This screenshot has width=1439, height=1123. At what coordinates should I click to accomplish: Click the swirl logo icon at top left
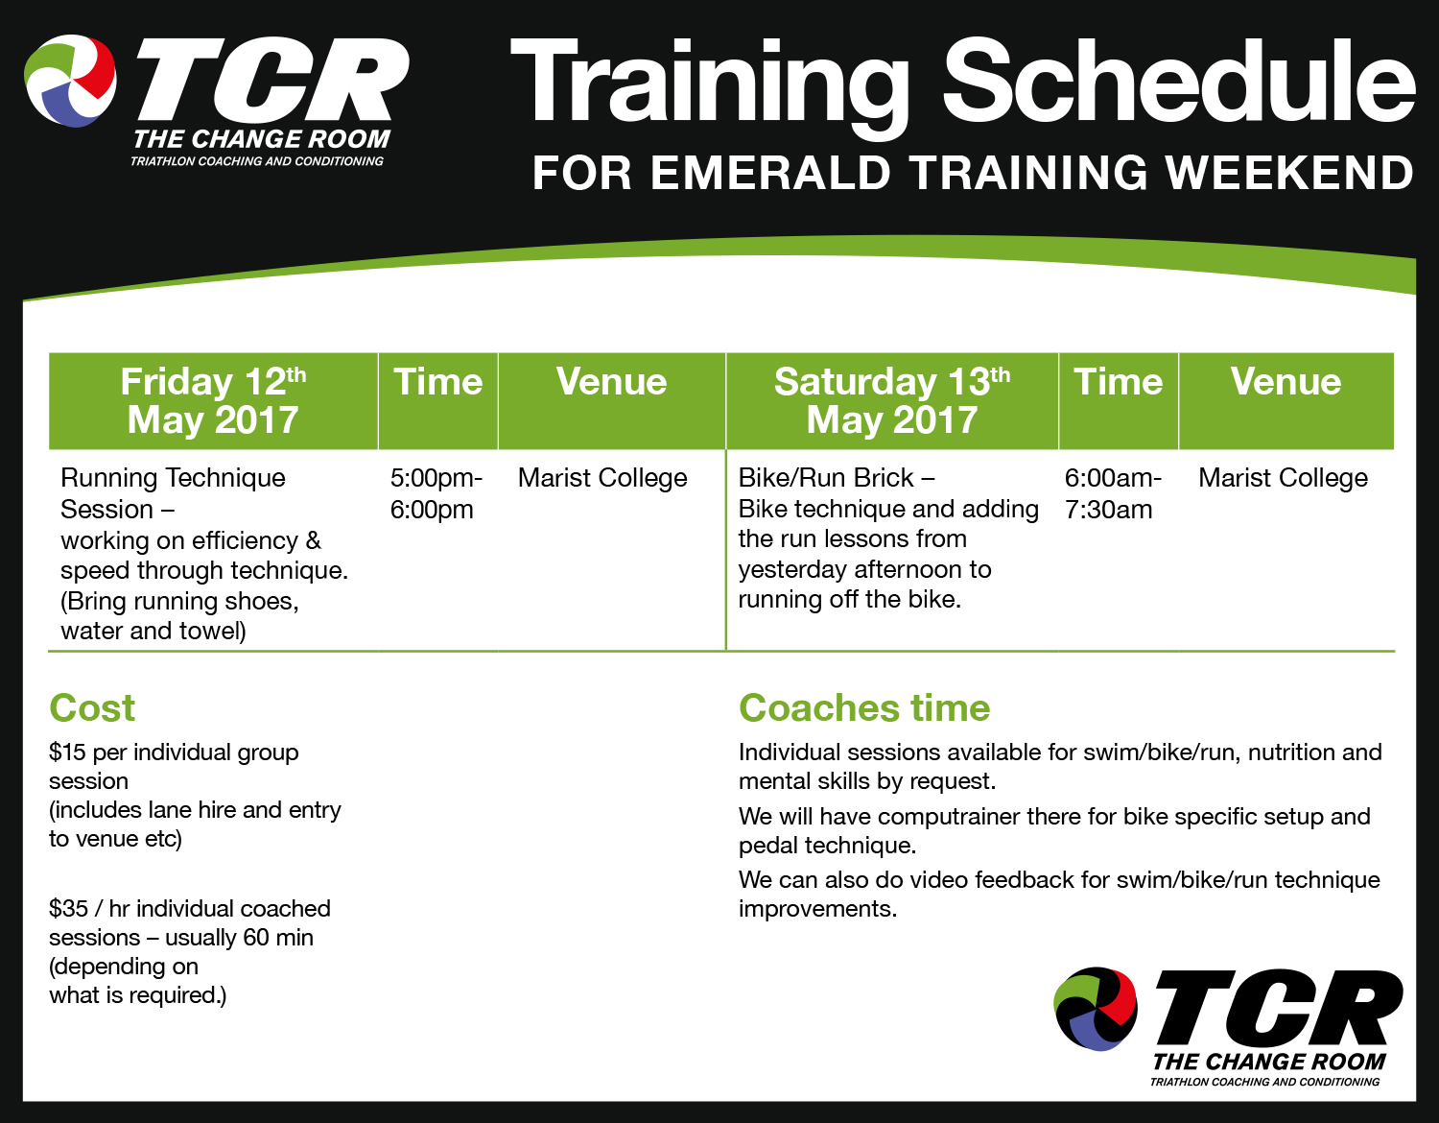click(70, 81)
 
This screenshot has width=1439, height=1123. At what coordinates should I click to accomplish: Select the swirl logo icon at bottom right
click(1096, 1009)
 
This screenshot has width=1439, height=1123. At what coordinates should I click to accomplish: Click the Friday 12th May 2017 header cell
click(213, 400)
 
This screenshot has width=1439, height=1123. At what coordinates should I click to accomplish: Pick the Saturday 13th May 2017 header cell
click(891, 400)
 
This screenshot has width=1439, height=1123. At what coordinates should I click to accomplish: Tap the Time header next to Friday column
click(437, 382)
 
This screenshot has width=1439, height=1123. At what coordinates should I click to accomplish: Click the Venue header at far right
click(1286, 382)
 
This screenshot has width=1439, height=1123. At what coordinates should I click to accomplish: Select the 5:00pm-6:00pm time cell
click(436, 493)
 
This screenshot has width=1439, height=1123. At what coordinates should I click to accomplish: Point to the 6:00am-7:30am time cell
click(1112, 493)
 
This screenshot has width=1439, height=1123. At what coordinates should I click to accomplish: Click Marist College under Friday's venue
click(602, 478)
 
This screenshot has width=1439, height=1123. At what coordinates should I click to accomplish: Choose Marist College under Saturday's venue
click(1283, 478)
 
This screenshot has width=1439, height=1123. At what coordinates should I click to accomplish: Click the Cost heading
click(92, 708)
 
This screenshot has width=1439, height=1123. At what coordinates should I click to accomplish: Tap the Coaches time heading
click(864, 708)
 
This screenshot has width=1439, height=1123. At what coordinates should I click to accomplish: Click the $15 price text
click(67, 753)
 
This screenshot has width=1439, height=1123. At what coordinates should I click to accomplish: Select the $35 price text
click(68, 909)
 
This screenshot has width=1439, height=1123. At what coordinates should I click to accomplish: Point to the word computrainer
click(949, 817)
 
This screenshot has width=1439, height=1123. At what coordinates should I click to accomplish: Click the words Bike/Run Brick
click(825, 478)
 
